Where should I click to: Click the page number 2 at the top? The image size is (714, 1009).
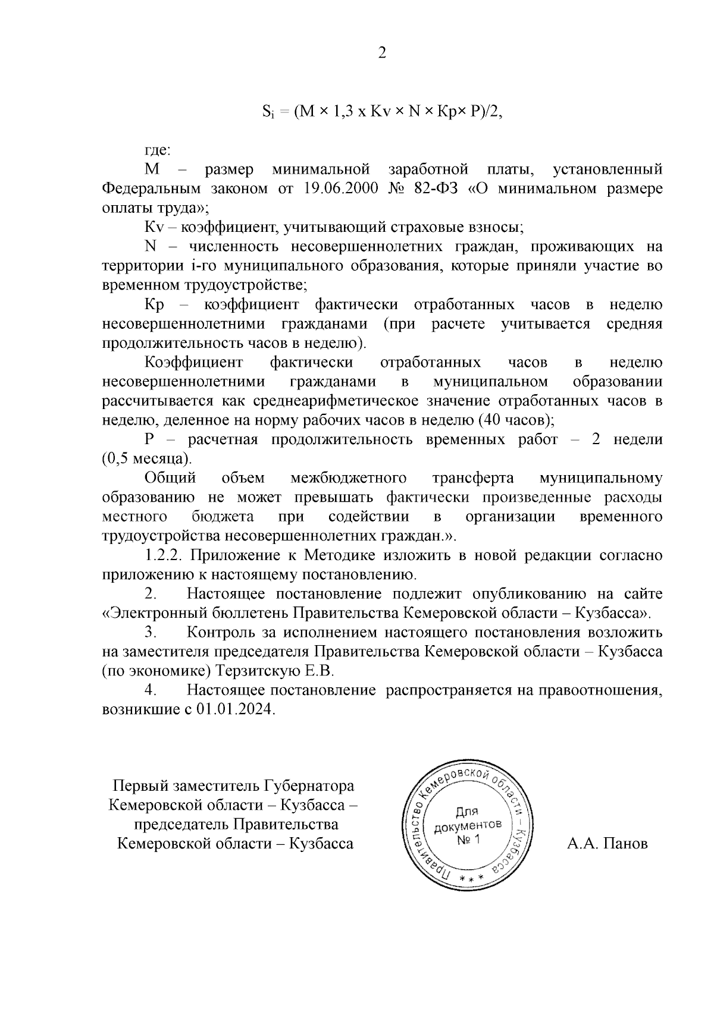tap(382, 54)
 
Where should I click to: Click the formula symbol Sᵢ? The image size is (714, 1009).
tap(268, 112)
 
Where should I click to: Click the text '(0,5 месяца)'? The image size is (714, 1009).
tap(147, 459)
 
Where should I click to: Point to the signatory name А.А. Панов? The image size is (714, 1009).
tap(607, 844)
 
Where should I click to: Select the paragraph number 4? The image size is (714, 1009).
tap(151, 690)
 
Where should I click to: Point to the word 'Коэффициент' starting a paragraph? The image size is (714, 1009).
tap(194, 363)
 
